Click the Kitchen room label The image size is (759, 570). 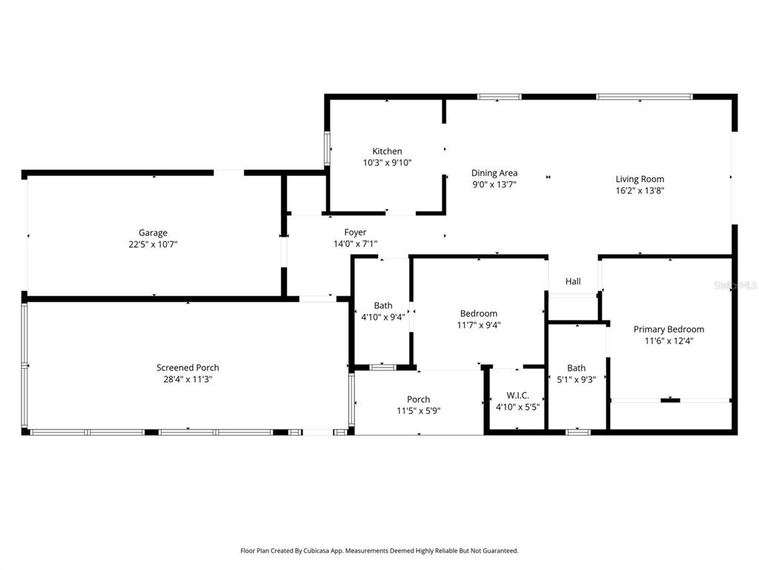(x=387, y=151)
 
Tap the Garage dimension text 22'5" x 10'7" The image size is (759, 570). (x=153, y=244)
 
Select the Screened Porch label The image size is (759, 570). (x=188, y=367)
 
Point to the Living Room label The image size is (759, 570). (x=640, y=179)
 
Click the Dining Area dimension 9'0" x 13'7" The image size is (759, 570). (x=494, y=185)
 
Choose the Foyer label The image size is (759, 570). (x=355, y=232)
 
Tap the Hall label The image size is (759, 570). (x=573, y=281)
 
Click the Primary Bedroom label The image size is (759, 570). (x=669, y=330)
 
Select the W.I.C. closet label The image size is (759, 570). (x=517, y=396)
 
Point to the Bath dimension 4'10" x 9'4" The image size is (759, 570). (x=383, y=317)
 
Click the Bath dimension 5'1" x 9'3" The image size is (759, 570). (x=576, y=379)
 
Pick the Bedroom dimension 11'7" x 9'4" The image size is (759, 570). (x=479, y=324)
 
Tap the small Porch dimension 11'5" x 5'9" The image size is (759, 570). (x=418, y=411)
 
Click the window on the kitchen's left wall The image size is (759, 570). (x=327, y=148)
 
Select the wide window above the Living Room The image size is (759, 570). (x=644, y=96)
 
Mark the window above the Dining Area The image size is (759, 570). (x=499, y=96)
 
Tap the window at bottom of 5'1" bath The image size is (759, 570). (x=577, y=431)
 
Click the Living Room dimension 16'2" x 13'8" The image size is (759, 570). (x=640, y=191)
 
